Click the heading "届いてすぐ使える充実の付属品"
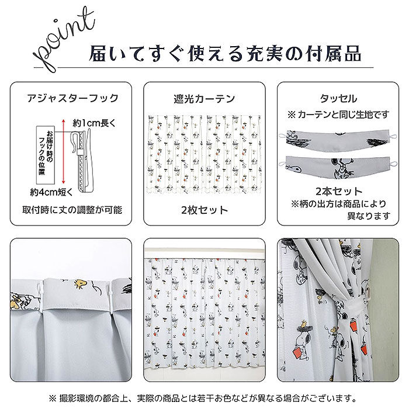click(225, 54)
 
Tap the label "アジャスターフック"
click(73, 98)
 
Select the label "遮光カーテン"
click(204, 99)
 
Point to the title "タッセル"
click(338, 99)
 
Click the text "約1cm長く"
click(94, 123)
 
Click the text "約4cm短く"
click(51, 192)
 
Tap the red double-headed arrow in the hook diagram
click(63, 151)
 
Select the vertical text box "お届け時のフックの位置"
click(46, 155)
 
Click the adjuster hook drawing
click(82, 162)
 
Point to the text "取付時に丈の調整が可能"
click(72, 210)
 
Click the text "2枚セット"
click(204, 210)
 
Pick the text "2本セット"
click(338, 192)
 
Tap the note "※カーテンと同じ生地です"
click(338, 115)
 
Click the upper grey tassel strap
click(338, 139)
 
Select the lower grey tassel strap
click(338, 168)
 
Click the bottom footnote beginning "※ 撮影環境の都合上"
click(203, 398)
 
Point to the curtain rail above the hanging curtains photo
click(204, 254)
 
